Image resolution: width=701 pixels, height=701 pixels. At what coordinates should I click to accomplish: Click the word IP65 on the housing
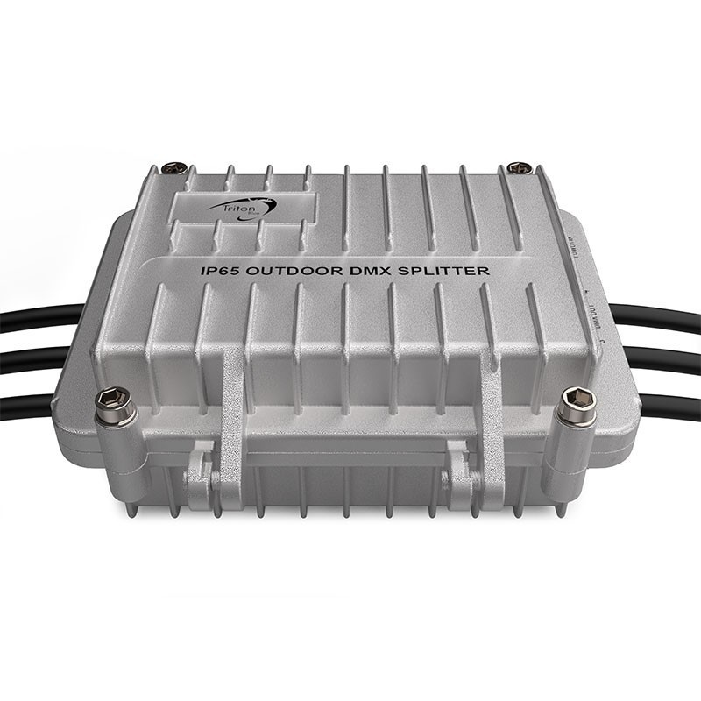point(218,272)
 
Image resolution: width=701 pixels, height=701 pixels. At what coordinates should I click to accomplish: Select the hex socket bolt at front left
point(117,403)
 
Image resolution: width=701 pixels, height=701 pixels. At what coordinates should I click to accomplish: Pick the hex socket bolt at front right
point(576,403)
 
